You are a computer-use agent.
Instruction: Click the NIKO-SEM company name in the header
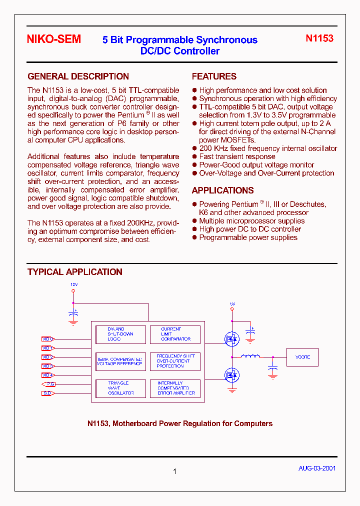coord(54,39)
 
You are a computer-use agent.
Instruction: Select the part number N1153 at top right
coord(319,38)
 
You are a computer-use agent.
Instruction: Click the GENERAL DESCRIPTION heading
coord(78,76)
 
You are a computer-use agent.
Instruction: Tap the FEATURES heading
coord(214,76)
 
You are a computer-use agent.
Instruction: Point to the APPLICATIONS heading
coord(222,190)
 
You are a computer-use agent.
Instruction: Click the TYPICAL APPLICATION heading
coord(75,272)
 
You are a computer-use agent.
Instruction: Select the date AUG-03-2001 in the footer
coord(317,468)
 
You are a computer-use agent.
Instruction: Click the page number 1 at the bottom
coord(174,471)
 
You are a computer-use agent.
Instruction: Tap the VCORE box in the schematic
coord(302,357)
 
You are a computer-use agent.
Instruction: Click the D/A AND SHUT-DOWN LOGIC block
coord(121,334)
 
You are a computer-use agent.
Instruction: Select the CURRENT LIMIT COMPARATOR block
coord(175,334)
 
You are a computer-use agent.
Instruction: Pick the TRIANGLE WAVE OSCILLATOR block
coord(121,388)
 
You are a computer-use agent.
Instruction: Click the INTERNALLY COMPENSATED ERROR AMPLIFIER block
coord(175,388)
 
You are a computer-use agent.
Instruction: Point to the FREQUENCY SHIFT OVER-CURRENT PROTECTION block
coord(175,361)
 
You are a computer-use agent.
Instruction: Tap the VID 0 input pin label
coord(47,339)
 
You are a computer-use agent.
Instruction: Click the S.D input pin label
coord(47,393)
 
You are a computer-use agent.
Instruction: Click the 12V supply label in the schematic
coord(74,284)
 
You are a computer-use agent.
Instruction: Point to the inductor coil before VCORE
coord(250,356)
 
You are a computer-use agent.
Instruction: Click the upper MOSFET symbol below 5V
coord(231,339)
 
